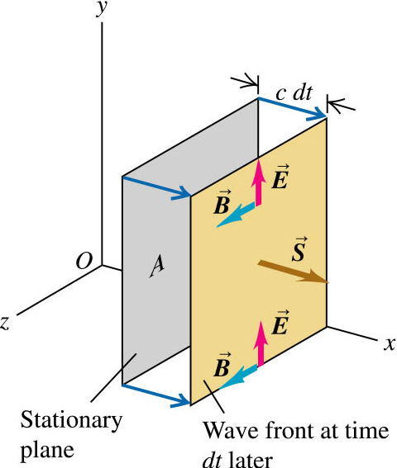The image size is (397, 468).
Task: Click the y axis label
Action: tap(102, 8)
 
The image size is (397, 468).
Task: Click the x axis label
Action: tap(390, 344)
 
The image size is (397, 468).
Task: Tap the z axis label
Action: tap(4, 323)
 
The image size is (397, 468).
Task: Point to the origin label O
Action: tap(84, 262)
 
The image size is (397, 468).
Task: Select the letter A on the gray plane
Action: tap(157, 267)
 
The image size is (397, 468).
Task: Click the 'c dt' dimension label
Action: tap(294, 93)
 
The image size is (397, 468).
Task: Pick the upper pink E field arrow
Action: tap(258, 182)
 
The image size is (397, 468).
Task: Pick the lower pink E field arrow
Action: tap(261, 344)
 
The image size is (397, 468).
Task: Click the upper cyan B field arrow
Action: tap(236, 215)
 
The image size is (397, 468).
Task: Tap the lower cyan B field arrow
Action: tap(238, 377)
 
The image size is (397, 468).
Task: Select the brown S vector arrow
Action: tap(294, 272)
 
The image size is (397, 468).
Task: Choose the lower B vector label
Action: tap(222, 365)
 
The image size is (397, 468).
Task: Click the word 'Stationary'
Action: tap(71, 421)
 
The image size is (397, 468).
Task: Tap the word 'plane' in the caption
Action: tap(47, 451)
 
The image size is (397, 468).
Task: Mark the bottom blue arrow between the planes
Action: tap(156, 395)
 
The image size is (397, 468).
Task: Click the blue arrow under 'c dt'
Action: tap(292, 108)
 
